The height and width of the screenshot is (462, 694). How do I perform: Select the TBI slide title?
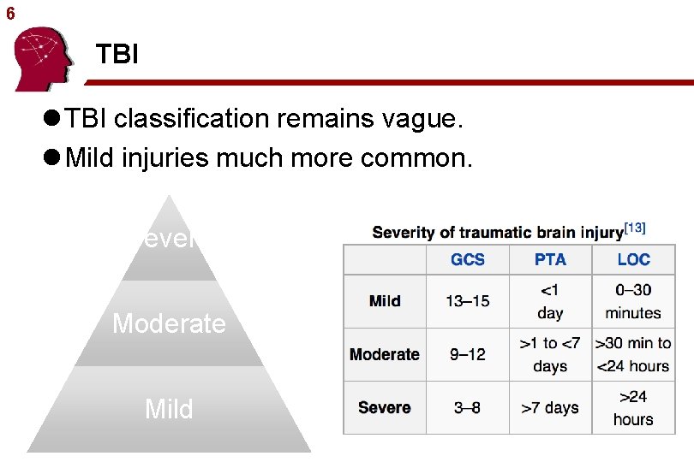point(117,56)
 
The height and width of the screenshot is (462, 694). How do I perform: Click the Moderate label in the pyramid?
point(170,323)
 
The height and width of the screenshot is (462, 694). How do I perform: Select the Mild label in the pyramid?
point(169,409)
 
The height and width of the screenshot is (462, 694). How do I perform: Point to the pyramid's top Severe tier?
point(170,240)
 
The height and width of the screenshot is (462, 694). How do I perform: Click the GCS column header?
point(467,259)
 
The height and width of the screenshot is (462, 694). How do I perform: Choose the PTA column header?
point(550,259)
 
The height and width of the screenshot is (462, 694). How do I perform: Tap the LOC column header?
point(633,259)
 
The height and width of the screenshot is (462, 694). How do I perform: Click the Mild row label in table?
point(385,301)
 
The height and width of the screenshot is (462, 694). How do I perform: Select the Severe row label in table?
point(385,408)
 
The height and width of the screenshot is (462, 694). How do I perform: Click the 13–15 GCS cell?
point(467,301)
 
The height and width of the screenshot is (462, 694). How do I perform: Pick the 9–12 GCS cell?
point(467,354)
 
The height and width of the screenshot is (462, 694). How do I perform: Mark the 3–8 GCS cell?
point(467,408)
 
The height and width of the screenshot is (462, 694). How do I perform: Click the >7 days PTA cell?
point(550,408)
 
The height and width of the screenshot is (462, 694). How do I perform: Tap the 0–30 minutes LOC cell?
point(633,301)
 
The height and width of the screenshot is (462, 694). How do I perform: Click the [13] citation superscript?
point(635,228)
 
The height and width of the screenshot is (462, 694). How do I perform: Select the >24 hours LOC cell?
point(633,408)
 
